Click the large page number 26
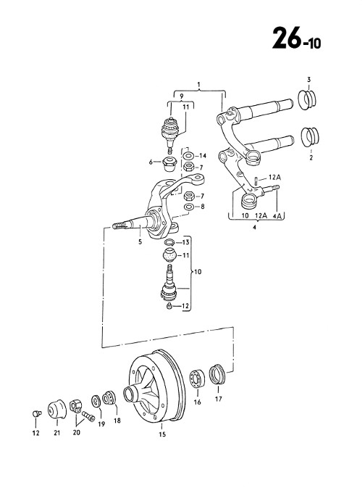click(287, 38)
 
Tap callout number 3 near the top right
click(308, 80)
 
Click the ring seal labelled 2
click(310, 137)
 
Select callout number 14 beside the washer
click(203, 156)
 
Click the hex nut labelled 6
click(169, 163)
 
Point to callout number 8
click(202, 207)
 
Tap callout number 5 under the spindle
click(140, 242)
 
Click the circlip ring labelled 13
click(170, 242)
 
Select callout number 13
click(186, 242)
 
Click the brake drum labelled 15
click(156, 386)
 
